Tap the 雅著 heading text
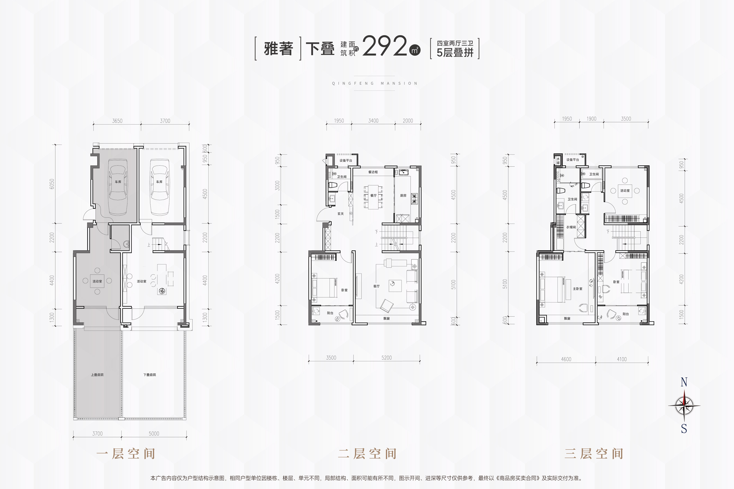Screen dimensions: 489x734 click(x=278, y=49)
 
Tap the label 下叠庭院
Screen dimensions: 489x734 click(x=150, y=375)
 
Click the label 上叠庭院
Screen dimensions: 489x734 click(x=97, y=375)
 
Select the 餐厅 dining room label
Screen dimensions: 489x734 click(x=374, y=196)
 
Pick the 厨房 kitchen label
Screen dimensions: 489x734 click(x=403, y=196)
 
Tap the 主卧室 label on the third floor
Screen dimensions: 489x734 click(x=578, y=289)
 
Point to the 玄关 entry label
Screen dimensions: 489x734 click(x=340, y=214)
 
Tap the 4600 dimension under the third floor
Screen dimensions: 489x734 click(x=566, y=359)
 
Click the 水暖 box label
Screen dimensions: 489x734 click(x=558, y=161)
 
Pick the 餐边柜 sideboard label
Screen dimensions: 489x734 click(x=373, y=172)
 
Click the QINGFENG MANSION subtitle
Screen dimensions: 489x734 click(x=375, y=83)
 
